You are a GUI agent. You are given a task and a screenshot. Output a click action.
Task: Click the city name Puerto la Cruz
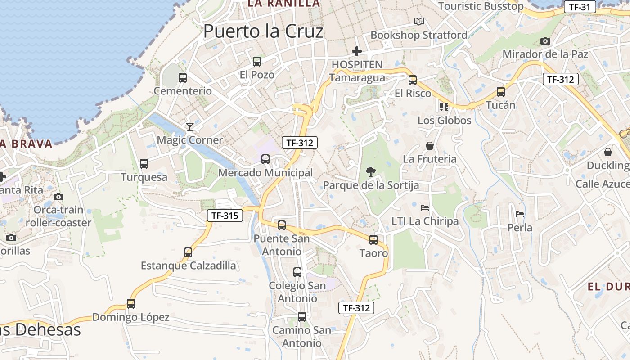(x=263, y=31)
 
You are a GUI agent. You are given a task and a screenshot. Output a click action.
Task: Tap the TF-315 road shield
(x=225, y=216)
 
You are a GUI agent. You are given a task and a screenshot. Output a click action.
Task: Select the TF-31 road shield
(x=580, y=7)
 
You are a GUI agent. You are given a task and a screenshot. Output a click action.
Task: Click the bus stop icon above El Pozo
(x=257, y=62)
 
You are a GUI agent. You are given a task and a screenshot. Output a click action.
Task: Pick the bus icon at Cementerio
(x=183, y=77)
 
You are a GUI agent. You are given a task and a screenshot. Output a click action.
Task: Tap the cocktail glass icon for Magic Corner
(x=190, y=126)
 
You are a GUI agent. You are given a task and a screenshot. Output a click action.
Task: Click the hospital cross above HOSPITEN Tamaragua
(x=357, y=51)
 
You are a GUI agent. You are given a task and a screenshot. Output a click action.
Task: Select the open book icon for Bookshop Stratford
(x=419, y=21)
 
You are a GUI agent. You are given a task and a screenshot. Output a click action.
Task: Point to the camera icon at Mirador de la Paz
(x=545, y=41)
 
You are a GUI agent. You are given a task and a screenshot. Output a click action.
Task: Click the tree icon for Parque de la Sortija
(x=371, y=171)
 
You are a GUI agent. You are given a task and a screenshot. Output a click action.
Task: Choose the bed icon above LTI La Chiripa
(x=425, y=207)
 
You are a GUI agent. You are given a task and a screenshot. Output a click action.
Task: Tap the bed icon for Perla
(x=520, y=214)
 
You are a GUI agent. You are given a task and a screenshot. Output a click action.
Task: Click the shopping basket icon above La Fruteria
(x=430, y=146)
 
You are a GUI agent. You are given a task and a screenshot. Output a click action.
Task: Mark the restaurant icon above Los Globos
(x=444, y=107)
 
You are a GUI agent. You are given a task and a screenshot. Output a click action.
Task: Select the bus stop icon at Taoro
(x=373, y=240)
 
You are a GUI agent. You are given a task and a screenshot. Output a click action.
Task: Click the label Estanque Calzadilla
(x=188, y=265)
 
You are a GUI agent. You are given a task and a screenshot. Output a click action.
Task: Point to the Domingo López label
(x=130, y=317)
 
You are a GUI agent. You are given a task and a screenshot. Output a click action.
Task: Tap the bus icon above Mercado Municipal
(x=265, y=159)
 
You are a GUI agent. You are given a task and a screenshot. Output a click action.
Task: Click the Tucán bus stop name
(x=500, y=105)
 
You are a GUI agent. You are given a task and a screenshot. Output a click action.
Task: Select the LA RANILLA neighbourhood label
(x=284, y=4)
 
